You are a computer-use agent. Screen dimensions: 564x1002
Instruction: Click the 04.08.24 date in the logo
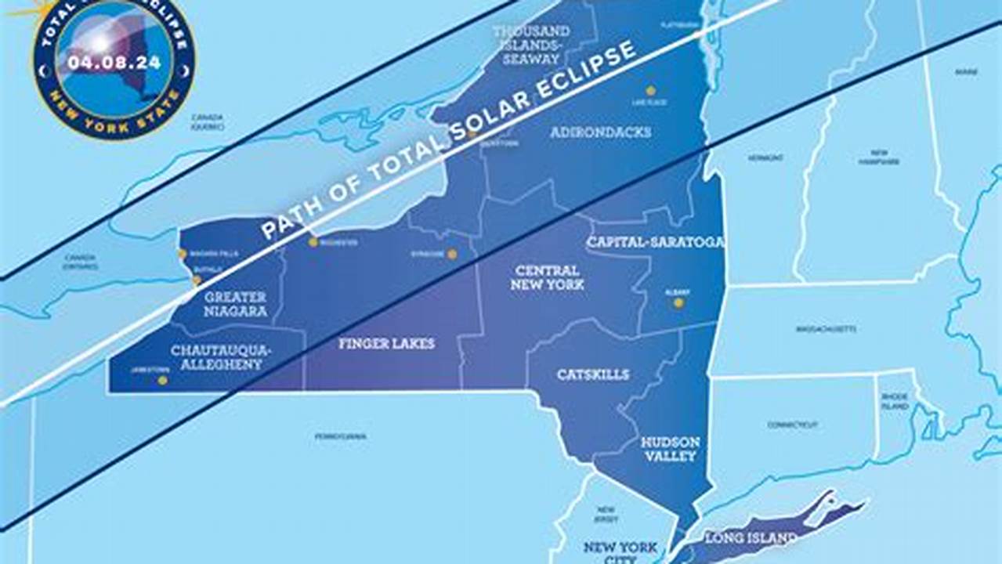click(114, 62)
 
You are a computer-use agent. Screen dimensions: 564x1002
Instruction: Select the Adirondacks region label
click(600, 132)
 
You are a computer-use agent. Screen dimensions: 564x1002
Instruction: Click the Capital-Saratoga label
click(655, 242)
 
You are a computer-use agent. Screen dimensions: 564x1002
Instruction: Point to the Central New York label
click(547, 277)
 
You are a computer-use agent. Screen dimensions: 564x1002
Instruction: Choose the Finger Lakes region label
click(386, 344)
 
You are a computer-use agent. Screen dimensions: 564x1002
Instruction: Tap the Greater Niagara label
click(235, 304)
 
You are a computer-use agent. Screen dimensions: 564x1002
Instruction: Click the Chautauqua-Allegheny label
click(221, 357)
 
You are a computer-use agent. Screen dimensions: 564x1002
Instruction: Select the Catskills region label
click(592, 374)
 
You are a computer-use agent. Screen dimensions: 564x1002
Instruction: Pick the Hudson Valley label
click(670, 449)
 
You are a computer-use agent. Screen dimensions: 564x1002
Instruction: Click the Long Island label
click(751, 538)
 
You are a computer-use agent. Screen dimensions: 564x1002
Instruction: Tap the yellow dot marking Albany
click(678, 302)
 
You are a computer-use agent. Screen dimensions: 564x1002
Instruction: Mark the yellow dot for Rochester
click(313, 242)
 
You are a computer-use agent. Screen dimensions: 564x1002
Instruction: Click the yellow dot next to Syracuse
click(452, 254)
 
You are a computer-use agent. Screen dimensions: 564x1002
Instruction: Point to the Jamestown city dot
click(162, 381)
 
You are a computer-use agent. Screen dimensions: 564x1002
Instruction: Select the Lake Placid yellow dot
click(650, 91)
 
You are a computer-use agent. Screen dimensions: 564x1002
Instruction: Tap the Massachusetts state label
click(826, 329)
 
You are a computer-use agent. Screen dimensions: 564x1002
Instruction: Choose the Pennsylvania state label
click(340, 436)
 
